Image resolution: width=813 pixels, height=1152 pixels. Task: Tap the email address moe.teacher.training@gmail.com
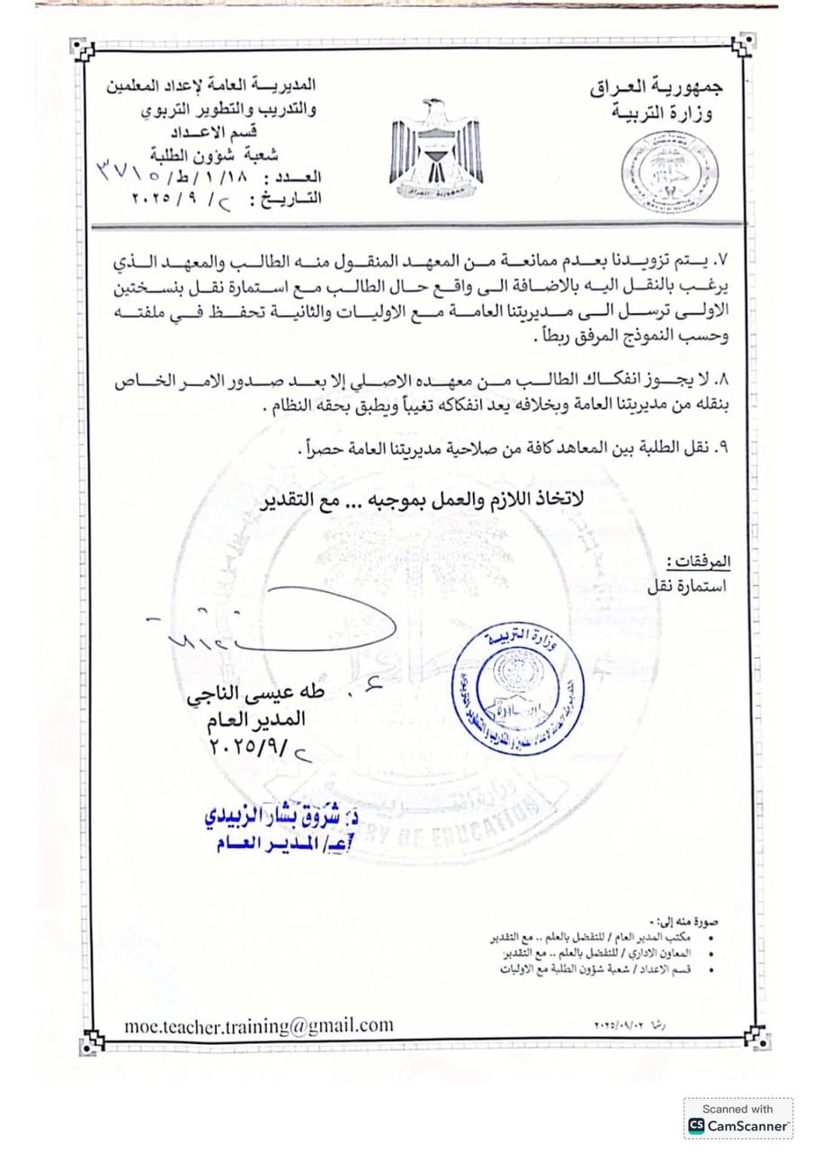coord(259,1025)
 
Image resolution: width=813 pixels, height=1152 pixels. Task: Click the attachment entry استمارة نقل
coord(686,586)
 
